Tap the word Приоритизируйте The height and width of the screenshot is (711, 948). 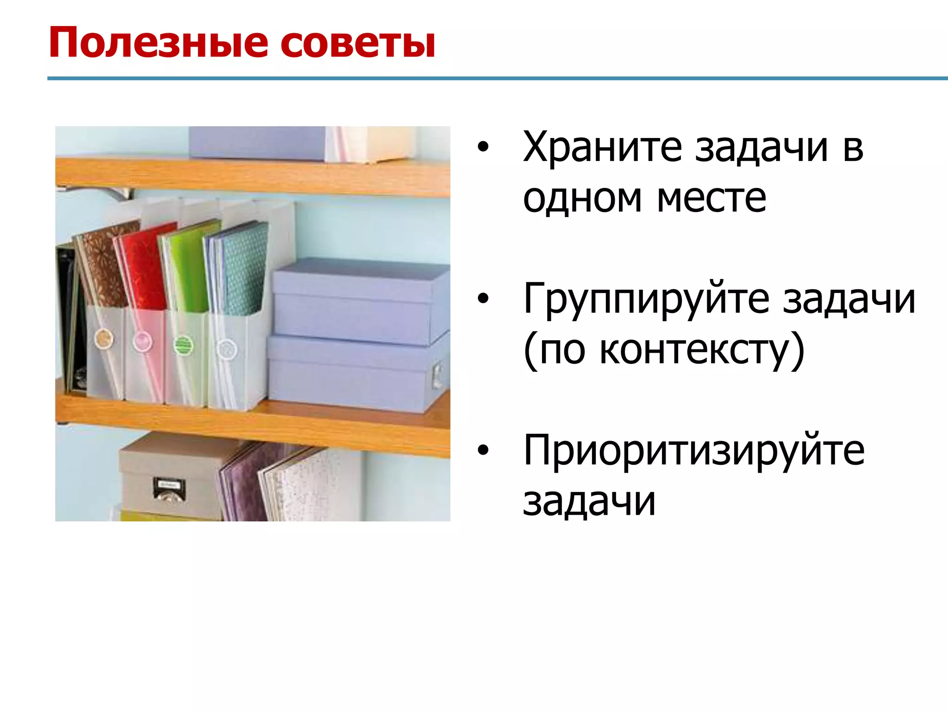[693, 451]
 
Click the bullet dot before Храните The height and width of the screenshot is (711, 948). [483, 147]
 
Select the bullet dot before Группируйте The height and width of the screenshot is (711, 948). [483, 299]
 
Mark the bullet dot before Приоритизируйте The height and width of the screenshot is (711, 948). [483, 450]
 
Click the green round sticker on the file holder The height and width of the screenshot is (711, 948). [183, 345]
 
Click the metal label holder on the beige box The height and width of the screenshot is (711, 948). [169, 489]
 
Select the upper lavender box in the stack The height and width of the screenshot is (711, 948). [359, 301]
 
